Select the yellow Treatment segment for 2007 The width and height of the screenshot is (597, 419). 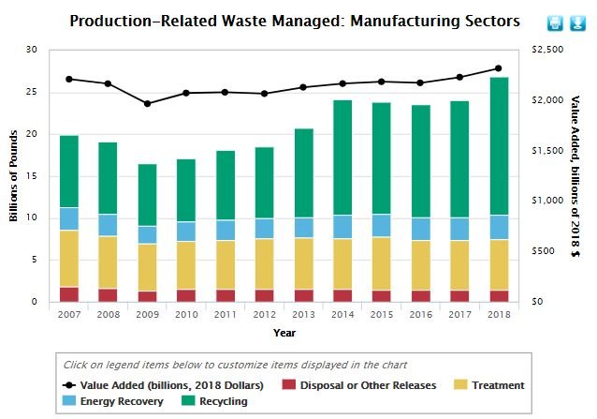[69, 258]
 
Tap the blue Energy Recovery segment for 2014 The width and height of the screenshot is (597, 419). [342, 227]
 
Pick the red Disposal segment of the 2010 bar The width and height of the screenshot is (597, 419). [186, 295]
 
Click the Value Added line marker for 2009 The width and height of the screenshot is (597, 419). [147, 103]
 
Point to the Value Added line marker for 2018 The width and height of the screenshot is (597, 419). [499, 68]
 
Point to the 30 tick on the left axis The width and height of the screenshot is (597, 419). [32, 50]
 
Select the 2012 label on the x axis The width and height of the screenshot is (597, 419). [265, 315]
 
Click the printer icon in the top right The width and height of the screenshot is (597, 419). [554, 22]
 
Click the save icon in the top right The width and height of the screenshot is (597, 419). [576, 22]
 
